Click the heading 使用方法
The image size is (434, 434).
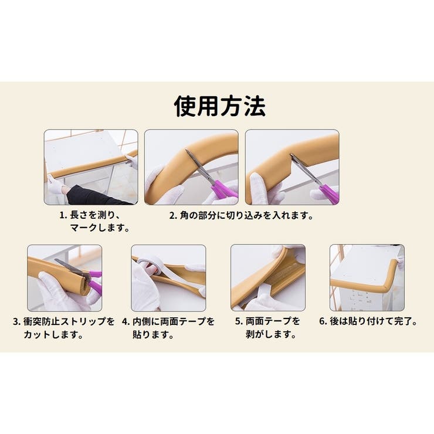(x=220, y=106)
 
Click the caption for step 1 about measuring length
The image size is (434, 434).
(x=94, y=221)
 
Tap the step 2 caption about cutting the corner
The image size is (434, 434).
(x=241, y=215)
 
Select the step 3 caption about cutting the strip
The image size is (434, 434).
(x=64, y=328)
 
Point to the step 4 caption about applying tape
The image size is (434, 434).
(x=168, y=328)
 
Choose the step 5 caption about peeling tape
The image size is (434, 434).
(x=267, y=328)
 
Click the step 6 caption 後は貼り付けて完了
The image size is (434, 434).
(x=368, y=321)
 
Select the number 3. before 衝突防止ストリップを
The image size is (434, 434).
(x=17, y=321)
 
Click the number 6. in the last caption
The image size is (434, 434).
(x=324, y=321)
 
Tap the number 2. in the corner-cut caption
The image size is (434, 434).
(x=173, y=216)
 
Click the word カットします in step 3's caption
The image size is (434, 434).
(x=53, y=334)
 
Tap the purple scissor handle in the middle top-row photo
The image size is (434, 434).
(x=223, y=189)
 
